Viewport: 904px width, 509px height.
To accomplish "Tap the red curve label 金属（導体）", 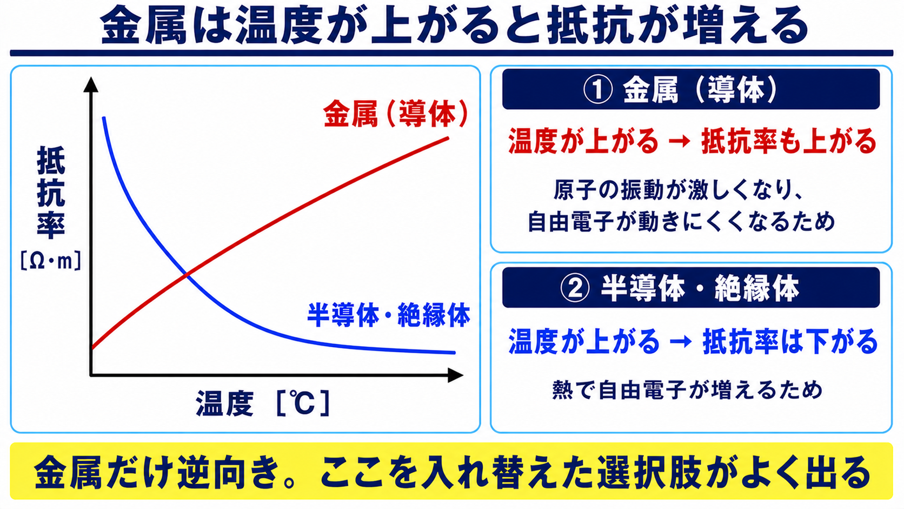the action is click(396, 114).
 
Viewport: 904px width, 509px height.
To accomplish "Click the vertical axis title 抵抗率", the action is click(51, 192).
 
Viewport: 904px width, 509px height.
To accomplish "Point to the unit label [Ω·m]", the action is click(51, 261).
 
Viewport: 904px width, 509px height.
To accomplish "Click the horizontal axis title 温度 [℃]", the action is click(263, 403).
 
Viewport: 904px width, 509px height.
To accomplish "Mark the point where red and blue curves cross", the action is click(186, 275).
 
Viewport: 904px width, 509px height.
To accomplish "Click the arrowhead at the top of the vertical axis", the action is click(91, 84).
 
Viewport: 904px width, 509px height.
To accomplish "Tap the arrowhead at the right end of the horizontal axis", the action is click(456, 375).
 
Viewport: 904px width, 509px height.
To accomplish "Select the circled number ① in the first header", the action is click(598, 89).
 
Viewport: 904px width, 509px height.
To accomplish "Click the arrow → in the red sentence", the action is click(680, 142).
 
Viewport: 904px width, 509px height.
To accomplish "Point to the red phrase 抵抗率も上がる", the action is click(789, 141).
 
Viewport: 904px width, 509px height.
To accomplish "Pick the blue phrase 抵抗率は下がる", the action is click(790, 341).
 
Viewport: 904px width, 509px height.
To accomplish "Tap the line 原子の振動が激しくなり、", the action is click(678, 189).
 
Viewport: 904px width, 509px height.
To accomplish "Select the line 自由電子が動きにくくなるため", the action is click(681, 221).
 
